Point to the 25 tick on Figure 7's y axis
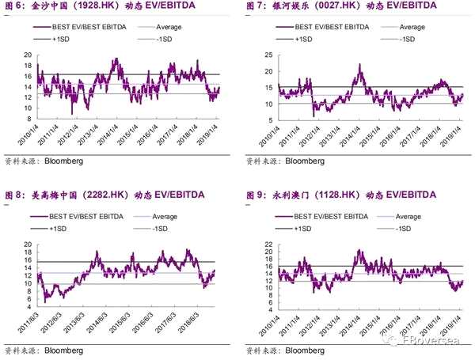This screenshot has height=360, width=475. pos(268,55)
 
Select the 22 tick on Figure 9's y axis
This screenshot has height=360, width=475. pos(268,244)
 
